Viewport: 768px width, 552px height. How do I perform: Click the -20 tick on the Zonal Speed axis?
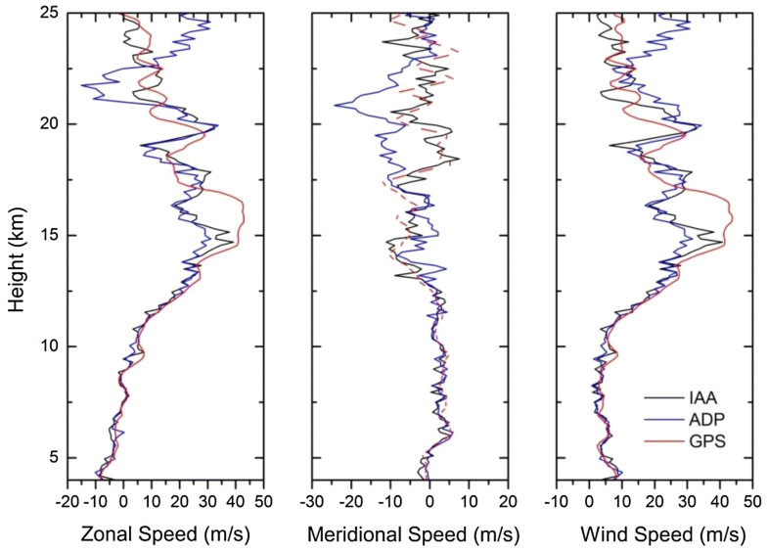(x=68, y=498)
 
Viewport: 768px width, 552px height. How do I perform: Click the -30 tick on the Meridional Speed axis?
(x=312, y=498)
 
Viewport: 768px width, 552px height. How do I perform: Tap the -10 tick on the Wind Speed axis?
(x=556, y=498)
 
